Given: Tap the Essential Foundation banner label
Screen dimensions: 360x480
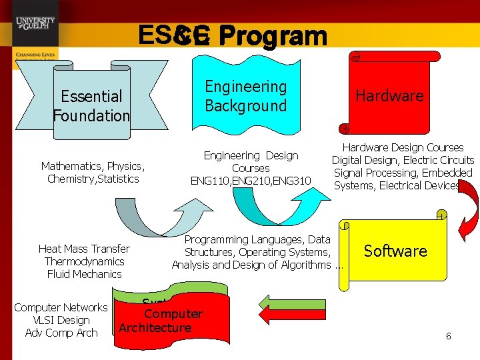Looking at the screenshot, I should [91, 106].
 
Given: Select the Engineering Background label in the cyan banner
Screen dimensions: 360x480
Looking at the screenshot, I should [245, 96].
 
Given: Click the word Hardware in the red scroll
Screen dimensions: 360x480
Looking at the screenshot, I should [389, 96].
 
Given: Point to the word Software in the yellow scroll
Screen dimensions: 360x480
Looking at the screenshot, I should [395, 251].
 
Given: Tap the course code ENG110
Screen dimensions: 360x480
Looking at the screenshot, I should [209, 181].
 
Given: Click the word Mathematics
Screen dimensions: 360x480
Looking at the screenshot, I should [73, 166].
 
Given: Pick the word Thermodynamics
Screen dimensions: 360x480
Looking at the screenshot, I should [84, 261].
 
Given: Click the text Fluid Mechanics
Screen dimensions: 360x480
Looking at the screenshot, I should [84, 274].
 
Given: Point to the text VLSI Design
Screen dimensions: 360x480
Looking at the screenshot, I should [61, 320].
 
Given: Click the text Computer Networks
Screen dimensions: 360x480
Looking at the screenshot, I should [61, 307].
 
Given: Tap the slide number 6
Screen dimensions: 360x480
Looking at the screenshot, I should [448, 337].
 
